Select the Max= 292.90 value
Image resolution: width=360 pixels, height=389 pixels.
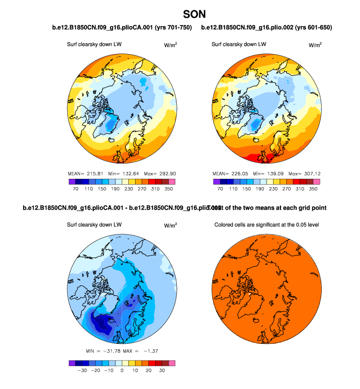(152, 174)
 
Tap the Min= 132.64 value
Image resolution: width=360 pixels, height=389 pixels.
(116, 174)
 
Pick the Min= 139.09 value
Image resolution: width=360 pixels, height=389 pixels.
(261, 174)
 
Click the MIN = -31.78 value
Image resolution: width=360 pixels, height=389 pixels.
(105, 351)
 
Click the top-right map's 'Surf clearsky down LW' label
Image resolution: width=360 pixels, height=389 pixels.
(239, 45)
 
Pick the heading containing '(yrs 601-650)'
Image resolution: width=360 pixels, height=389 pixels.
(267, 28)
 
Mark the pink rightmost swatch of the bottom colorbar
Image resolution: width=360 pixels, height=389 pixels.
(172, 362)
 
